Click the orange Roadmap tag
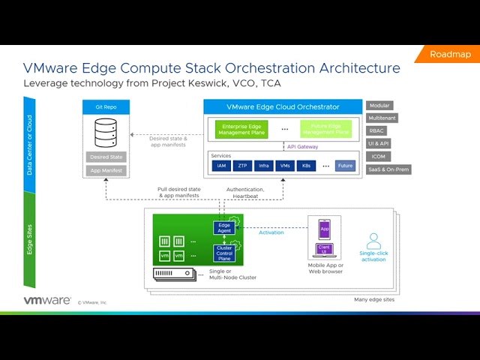[x=450, y=54]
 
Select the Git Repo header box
[x=106, y=107]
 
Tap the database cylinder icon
[x=106, y=133]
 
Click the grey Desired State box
[x=106, y=157]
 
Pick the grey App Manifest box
[x=106, y=171]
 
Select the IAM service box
[x=221, y=166]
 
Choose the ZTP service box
[x=242, y=166]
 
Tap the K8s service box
[x=305, y=166]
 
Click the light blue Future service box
[x=345, y=166]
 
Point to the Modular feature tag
[x=379, y=106]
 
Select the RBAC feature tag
[x=377, y=130]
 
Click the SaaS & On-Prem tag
[x=388, y=169]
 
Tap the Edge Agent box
[x=224, y=228]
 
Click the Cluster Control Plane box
[x=224, y=253]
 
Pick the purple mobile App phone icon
[x=325, y=228]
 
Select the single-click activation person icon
[x=373, y=241]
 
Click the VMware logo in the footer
[x=47, y=301]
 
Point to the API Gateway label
[x=302, y=147]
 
